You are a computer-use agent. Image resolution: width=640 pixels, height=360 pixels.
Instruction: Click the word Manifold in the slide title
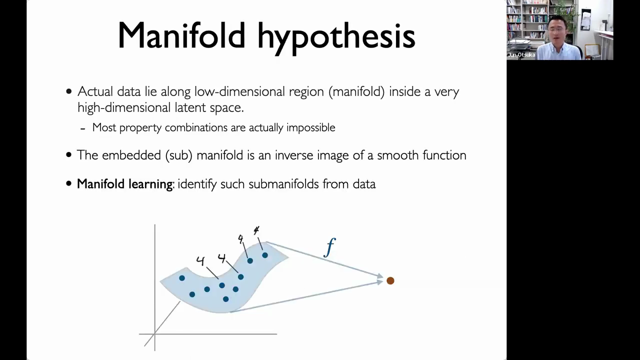click(181, 35)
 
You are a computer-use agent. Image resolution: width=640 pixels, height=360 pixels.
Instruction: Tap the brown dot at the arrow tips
click(390, 280)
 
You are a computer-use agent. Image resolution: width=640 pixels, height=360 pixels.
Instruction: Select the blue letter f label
click(329, 247)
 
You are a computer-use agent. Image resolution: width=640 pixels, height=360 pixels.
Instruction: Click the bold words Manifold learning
click(125, 183)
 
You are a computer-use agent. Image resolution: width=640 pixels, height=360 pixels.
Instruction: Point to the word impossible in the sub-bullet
click(311, 127)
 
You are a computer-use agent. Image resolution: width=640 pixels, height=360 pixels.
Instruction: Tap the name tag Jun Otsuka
click(521, 55)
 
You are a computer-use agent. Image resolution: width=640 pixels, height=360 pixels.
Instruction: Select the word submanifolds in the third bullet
click(283, 183)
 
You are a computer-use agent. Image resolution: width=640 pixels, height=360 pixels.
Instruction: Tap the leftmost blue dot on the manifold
click(182, 278)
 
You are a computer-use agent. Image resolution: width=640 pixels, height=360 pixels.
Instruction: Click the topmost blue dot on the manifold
click(265, 255)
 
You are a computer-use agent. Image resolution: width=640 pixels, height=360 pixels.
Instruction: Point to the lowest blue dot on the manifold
click(225, 299)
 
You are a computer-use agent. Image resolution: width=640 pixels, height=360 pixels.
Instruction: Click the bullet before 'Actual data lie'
click(69, 91)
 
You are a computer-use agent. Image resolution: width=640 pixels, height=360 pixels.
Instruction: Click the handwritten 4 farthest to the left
click(200, 261)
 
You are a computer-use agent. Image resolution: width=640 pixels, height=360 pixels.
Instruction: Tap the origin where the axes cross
click(154, 333)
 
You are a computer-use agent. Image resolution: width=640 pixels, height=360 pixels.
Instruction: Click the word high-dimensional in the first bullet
click(124, 107)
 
